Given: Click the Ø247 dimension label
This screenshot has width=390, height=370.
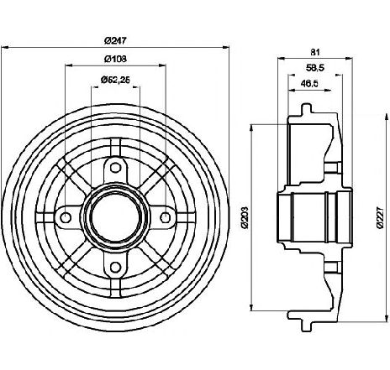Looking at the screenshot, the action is click(115, 40).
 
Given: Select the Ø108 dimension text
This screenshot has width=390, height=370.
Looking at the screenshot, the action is click(115, 59).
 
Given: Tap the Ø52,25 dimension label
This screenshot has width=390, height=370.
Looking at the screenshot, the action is click(115, 80).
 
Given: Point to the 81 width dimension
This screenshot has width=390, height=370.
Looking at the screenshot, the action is click(315, 52).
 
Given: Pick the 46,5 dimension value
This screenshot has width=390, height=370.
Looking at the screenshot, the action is click(309, 83).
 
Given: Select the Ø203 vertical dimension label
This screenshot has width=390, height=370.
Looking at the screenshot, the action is click(245, 218).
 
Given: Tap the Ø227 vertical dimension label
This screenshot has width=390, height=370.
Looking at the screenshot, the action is click(379, 218).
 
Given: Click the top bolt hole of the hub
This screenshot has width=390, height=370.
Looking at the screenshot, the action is click(114, 168).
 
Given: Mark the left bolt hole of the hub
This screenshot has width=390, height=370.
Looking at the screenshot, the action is click(66, 217).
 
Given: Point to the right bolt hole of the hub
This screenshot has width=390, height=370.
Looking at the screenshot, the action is click(166, 217).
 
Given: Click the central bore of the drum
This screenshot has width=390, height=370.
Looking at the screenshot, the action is click(115, 217).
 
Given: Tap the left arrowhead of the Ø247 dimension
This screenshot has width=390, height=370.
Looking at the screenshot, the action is click(5, 47).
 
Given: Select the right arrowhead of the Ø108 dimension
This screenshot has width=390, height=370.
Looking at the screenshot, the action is click(163, 65).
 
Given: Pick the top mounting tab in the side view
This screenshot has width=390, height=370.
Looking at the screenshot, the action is click(306, 111).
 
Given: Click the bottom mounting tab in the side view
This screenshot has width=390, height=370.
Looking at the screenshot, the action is click(306, 325).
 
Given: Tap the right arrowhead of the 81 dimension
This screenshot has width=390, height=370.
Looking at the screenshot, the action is click(349, 59).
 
